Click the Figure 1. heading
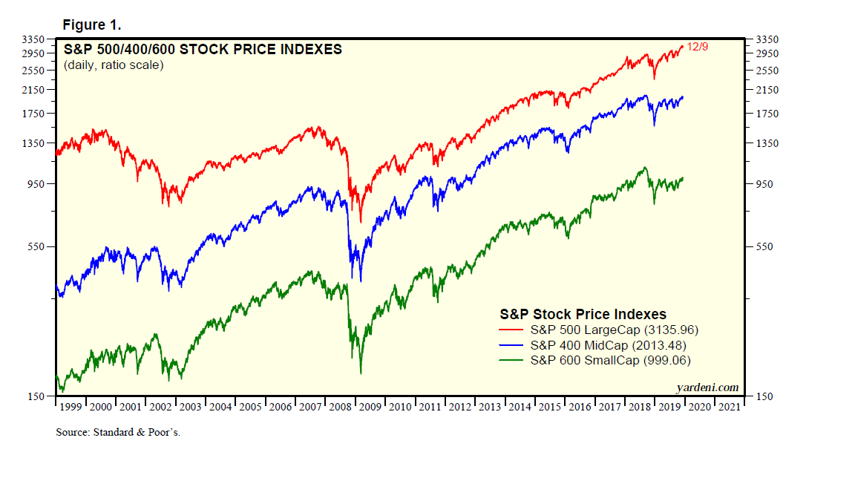(91, 25)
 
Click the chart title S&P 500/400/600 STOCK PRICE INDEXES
(203, 50)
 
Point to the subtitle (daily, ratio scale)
(114, 65)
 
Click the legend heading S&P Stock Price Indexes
(583, 314)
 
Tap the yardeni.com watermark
(707, 387)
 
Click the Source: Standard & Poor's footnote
(118, 432)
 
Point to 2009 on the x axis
(370, 407)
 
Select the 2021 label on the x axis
(728, 407)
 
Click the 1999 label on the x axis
(71, 407)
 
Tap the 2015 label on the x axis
(548, 407)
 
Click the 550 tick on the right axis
(764, 246)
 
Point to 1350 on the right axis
(767, 143)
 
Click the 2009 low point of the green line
(361, 373)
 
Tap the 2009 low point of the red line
(361, 222)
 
